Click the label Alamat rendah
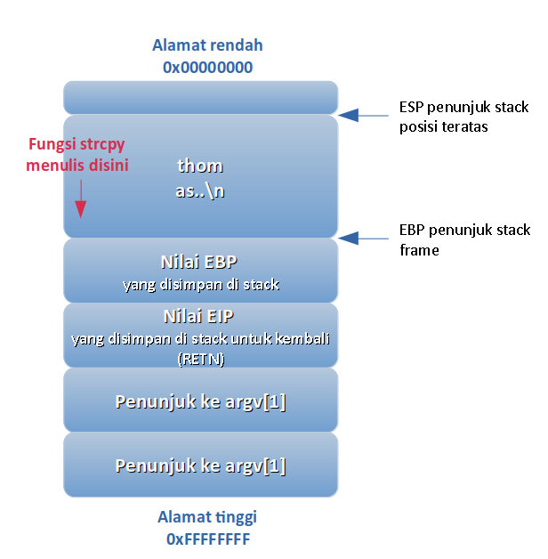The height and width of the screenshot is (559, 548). [207, 45]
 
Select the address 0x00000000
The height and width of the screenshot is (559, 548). [208, 68]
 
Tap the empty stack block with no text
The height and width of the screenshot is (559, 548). [200, 97]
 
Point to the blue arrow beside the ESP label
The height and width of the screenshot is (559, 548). [363, 115]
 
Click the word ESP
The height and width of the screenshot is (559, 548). [411, 108]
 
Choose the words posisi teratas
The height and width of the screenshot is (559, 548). [443, 127]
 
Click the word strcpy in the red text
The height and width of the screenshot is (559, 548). [102, 145]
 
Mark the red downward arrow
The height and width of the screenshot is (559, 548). [81, 198]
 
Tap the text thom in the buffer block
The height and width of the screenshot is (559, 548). [200, 166]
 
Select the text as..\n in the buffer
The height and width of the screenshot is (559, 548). [200, 190]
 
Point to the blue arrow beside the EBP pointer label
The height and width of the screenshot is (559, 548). [363, 239]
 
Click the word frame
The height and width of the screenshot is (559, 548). [419, 250]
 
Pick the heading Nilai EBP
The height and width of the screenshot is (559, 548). [198, 262]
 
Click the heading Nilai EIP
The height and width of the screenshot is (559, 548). [198, 316]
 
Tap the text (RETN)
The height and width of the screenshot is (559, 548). [201, 359]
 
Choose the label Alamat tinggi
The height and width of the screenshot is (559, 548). [207, 518]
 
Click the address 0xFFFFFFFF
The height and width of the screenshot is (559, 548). [208, 539]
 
